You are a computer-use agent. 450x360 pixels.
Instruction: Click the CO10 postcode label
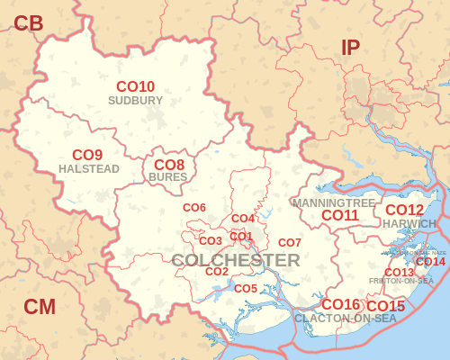click(135, 86)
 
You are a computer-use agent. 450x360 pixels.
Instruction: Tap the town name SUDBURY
click(135, 100)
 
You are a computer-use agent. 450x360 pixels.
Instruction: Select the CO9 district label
click(87, 155)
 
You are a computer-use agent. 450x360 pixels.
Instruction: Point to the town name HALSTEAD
click(87, 168)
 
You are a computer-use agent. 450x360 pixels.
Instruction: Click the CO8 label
click(169, 165)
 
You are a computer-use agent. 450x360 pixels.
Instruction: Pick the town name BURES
click(168, 177)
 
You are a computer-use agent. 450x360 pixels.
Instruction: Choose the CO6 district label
click(194, 208)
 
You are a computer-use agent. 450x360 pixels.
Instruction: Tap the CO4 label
click(243, 219)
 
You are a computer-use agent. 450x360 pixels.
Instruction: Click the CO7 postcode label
click(289, 243)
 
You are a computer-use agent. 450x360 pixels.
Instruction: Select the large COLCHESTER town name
click(236, 260)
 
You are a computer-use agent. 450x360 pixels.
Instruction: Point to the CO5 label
click(246, 288)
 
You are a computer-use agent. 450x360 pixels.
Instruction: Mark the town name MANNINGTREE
click(333, 203)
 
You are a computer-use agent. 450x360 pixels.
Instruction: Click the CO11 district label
click(340, 215)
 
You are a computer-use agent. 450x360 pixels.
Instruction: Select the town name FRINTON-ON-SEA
click(401, 282)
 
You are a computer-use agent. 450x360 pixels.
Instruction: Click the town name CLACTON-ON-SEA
click(345, 319)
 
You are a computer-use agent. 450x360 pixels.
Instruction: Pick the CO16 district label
click(340, 304)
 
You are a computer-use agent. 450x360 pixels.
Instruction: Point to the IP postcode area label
click(350, 49)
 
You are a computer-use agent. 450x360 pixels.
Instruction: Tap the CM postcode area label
click(40, 307)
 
